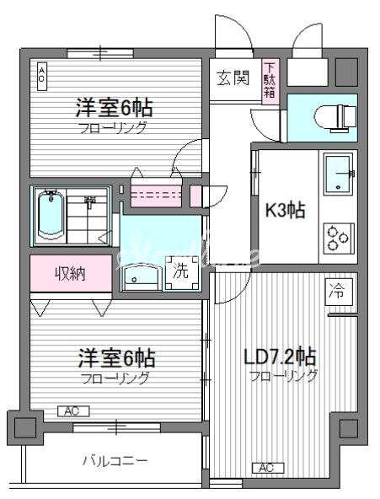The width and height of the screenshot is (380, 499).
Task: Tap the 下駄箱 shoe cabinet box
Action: pos(269,80)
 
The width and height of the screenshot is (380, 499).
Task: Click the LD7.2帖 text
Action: pos(281,357)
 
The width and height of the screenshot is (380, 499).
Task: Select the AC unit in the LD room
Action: pos(265,468)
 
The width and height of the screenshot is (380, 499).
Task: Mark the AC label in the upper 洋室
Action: pos(40,76)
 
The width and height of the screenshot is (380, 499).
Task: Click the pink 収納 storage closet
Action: pos(71,273)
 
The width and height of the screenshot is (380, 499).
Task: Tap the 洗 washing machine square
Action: pos(181,272)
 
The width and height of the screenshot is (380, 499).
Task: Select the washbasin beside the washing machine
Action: pos(139,274)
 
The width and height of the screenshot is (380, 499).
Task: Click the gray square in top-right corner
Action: pos(345,70)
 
